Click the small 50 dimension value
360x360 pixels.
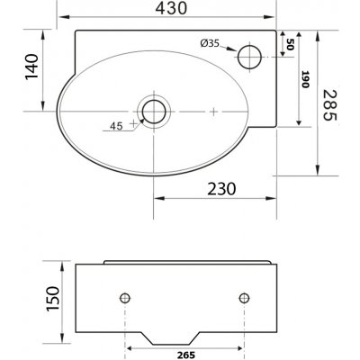point(290,46)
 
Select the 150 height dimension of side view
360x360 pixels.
point(53,297)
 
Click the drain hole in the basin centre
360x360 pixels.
point(155,112)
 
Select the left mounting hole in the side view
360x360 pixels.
point(126,298)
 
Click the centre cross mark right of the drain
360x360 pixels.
point(212,112)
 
